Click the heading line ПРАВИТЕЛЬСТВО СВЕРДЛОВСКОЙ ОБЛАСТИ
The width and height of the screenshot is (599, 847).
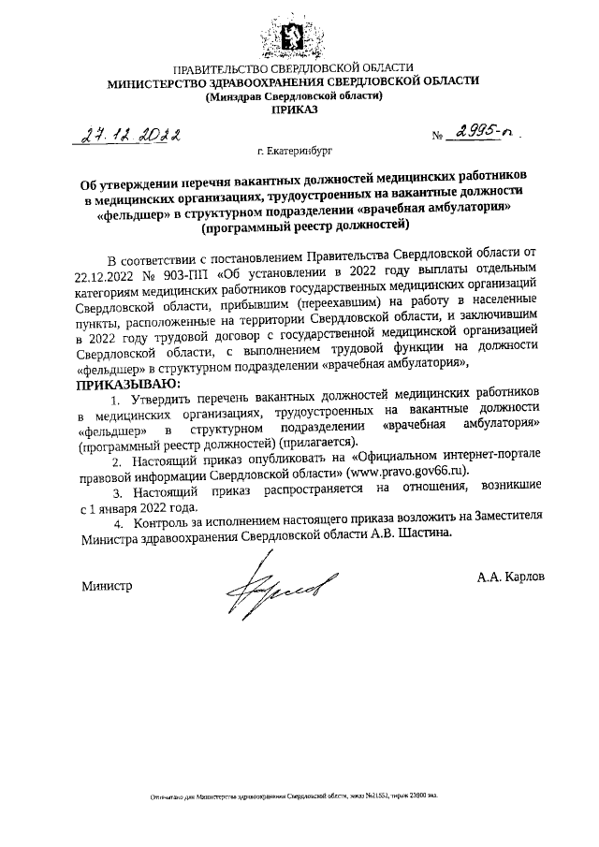294,68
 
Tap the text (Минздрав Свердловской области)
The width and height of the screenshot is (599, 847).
294,95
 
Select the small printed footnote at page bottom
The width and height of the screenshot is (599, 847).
294,796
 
